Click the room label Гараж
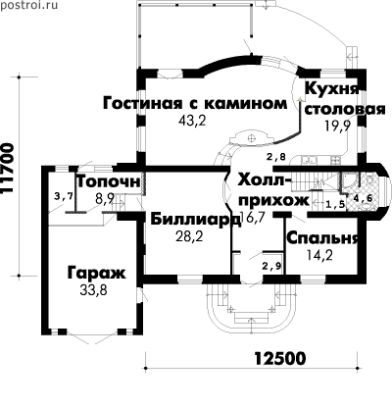96,274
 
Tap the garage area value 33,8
93,290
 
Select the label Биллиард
196,220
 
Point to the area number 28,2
189,236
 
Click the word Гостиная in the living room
142,103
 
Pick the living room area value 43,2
193,121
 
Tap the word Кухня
332,88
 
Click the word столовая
345,110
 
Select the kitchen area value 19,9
338,125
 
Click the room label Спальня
322,238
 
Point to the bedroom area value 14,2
320,255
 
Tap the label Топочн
109,181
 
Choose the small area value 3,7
64,196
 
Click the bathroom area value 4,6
365,198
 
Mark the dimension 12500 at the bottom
280,358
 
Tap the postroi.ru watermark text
28,5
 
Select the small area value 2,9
271,266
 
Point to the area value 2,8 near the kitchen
276,157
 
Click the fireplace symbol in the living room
251,138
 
